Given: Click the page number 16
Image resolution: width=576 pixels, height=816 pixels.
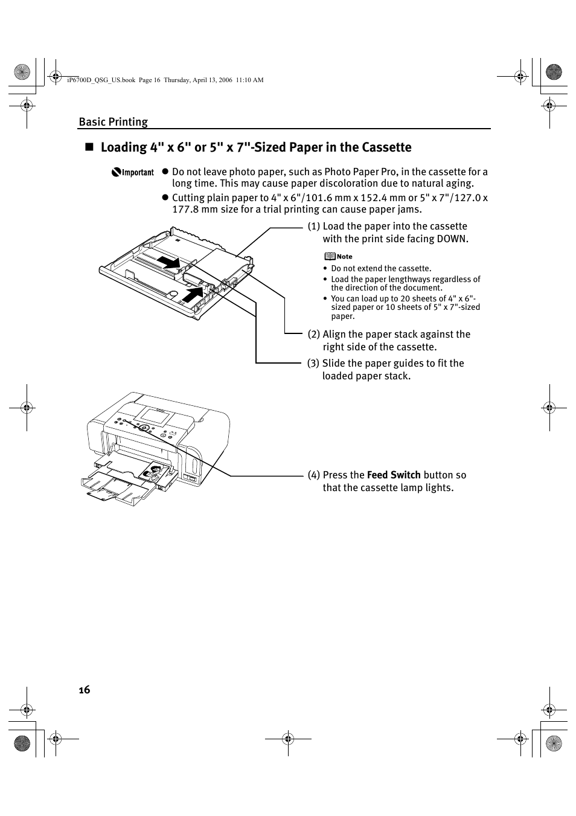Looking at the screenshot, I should pyautogui.click(x=84, y=690).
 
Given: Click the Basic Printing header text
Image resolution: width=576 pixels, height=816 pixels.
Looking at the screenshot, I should pyautogui.click(x=113, y=122).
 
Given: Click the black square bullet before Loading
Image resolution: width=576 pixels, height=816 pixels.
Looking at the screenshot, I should pyautogui.click(x=89, y=147).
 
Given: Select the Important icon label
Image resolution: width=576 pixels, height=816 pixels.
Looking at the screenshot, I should pyautogui.click(x=133, y=173).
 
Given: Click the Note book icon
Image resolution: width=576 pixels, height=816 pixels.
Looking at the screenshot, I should pyautogui.click(x=330, y=256).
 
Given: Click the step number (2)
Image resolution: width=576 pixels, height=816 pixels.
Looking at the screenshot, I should pyautogui.click(x=313, y=335).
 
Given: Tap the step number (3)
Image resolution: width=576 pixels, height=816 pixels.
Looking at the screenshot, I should pyautogui.click(x=313, y=364).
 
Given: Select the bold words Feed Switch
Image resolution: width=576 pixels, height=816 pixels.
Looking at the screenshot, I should pyautogui.click(x=394, y=475).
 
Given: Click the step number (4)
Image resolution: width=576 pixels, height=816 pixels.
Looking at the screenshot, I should pyautogui.click(x=313, y=475).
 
